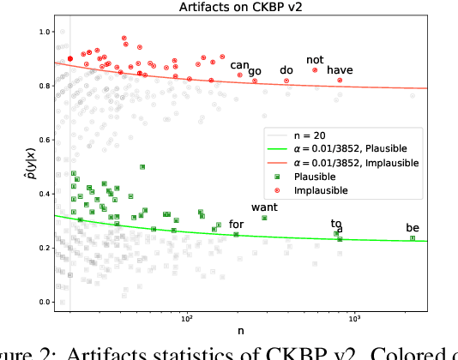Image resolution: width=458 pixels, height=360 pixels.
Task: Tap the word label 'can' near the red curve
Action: pos(239,65)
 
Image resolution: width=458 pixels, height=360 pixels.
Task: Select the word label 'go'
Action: pos(255,71)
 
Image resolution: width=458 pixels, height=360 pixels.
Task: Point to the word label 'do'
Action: pos(286,70)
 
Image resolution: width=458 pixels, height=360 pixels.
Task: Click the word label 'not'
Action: pos(315,60)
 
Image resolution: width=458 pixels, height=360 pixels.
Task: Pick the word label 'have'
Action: pos(340,70)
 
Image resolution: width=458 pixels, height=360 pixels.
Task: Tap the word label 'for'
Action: pos(236,225)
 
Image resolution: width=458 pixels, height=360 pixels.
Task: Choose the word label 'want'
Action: pos(264,207)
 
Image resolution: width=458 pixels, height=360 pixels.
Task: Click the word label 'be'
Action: pos(413,228)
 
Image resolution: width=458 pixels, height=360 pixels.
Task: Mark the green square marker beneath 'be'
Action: pos(413,238)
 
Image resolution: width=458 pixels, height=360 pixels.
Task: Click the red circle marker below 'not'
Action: pos(315,70)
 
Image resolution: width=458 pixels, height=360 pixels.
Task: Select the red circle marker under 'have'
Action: pos(340,81)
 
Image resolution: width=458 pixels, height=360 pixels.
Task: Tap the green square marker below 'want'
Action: pos(264,218)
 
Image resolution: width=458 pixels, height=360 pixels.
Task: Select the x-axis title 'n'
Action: pos(240,331)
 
